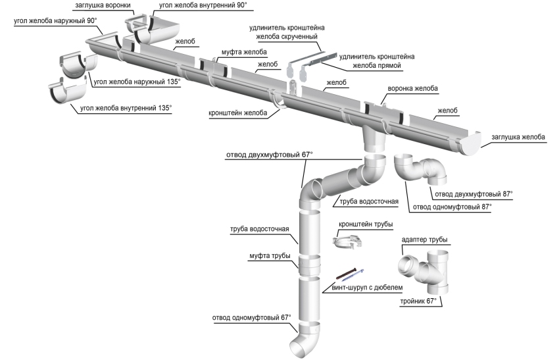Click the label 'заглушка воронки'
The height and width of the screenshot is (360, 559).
point(103,5)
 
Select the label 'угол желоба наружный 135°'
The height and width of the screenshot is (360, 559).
point(137,82)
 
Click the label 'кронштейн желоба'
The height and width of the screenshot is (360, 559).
point(239,113)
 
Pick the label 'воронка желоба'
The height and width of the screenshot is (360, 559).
point(415,88)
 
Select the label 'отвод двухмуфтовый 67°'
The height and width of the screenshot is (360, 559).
point(269,155)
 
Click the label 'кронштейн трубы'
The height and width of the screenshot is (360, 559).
point(366,224)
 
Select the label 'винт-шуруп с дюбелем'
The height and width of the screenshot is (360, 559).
point(362,288)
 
